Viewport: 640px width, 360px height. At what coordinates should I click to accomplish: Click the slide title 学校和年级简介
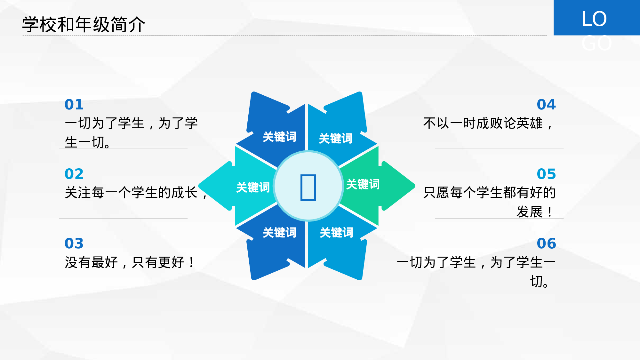coord(84,25)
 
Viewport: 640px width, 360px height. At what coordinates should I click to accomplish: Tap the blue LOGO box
coord(596,18)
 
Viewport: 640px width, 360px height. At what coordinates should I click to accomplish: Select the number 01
coord(74,105)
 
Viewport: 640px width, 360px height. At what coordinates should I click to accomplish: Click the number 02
coord(74,174)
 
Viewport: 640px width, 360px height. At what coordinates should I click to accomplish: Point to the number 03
coord(74,244)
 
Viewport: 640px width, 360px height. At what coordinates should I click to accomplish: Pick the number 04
coord(546,105)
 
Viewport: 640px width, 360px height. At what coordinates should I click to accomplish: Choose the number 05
coord(546,174)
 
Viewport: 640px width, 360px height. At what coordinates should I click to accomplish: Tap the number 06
coord(546,244)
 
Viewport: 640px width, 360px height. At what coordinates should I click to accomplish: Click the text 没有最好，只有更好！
coord(130,262)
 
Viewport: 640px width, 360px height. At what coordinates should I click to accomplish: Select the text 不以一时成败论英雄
coord(483,123)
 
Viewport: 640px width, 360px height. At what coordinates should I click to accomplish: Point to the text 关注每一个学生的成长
coord(131,193)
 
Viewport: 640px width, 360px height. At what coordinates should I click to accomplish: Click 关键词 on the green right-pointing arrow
coord(363,184)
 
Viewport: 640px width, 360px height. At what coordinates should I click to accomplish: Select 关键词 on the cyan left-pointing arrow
coord(253,188)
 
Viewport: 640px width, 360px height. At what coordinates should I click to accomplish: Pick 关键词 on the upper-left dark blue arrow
coord(279,137)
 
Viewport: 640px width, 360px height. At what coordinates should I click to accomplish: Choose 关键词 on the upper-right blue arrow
coord(335,138)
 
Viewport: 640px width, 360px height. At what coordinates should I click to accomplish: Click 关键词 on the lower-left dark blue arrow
coord(279,233)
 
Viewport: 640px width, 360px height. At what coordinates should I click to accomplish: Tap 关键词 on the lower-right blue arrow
coord(336,233)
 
